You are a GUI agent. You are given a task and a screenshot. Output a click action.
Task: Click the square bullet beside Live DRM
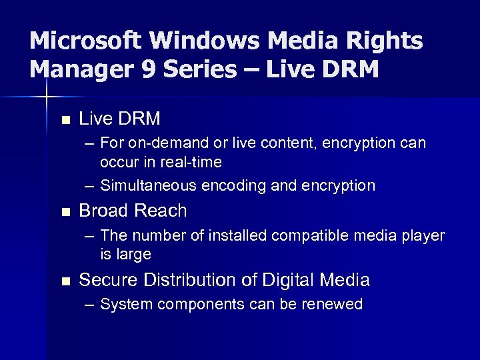click(x=64, y=121)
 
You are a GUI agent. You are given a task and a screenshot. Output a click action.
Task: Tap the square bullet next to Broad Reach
click(x=64, y=213)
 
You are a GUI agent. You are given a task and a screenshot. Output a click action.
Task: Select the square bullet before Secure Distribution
click(x=64, y=281)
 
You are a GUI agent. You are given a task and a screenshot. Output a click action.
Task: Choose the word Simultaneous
click(x=149, y=185)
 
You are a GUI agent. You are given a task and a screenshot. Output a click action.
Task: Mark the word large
click(x=135, y=255)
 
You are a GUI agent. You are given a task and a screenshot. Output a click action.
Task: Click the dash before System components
click(x=89, y=305)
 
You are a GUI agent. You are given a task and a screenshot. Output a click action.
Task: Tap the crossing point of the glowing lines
click(x=47, y=97)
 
